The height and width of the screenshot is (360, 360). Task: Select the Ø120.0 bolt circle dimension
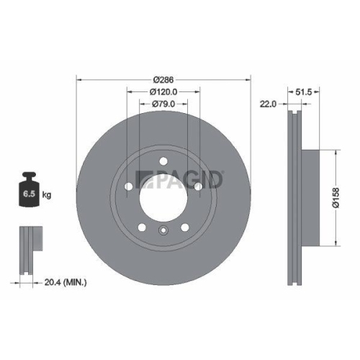(x=163, y=91)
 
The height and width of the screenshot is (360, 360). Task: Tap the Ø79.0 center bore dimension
(x=163, y=104)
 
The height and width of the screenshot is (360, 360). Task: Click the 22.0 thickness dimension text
(x=269, y=104)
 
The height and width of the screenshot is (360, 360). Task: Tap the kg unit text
(x=48, y=194)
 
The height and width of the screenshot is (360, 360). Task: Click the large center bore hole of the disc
(x=163, y=194)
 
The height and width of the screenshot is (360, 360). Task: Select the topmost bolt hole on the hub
(x=163, y=161)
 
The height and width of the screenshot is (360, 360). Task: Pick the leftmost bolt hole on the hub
(x=129, y=186)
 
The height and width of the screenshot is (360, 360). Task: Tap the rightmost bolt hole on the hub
(x=197, y=186)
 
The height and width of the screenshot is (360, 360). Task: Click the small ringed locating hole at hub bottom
(x=163, y=230)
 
